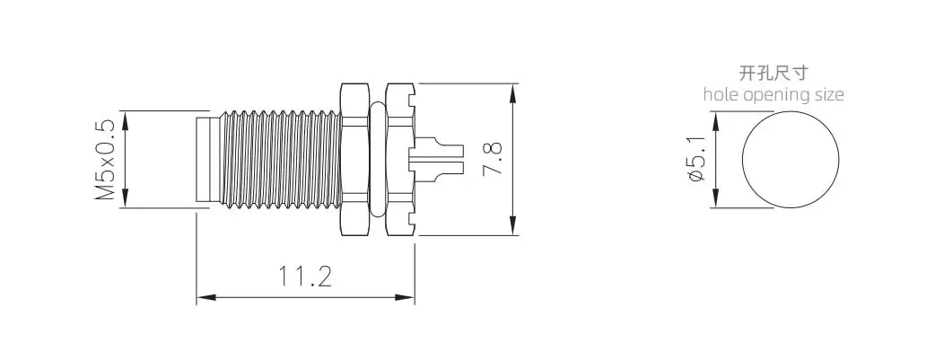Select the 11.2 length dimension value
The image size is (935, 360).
[x=305, y=277]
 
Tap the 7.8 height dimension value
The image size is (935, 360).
[x=493, y=160]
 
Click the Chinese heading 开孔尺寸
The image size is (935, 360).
[x=773, y=73]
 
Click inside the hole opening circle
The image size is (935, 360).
[x=791, y=160]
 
